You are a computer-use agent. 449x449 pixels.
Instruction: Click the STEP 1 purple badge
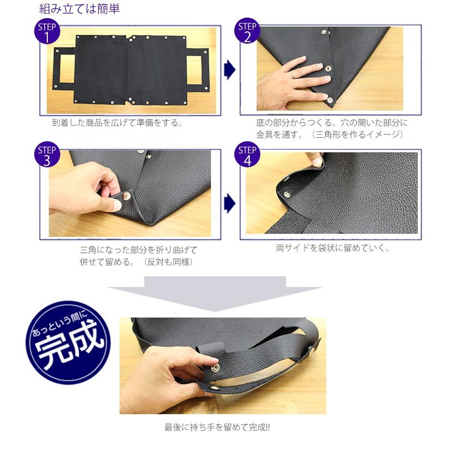point(47,32)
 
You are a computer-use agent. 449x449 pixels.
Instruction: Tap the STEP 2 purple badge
point(247,32)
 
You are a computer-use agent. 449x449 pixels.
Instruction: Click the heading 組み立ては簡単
point(80,9)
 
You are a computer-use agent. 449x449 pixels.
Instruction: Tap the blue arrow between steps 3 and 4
point(229,204)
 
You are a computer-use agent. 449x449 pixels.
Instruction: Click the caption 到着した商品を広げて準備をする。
point(117,123)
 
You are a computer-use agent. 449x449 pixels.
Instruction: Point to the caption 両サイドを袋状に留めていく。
point(333,248)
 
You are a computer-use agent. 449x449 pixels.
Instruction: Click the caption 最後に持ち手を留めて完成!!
point(217,427)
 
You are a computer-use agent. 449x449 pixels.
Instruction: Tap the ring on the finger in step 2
point(294,75)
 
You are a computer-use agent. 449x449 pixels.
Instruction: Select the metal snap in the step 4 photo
point(287,193)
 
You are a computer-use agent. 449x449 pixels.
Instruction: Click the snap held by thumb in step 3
point(126,197)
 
